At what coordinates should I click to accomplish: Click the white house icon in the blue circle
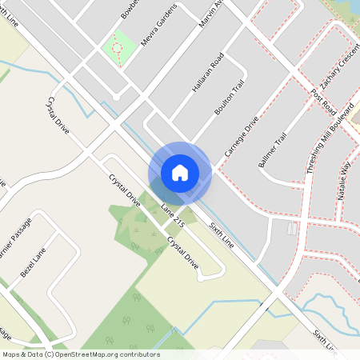point(179,173)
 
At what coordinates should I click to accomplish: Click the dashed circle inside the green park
point(117,48)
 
